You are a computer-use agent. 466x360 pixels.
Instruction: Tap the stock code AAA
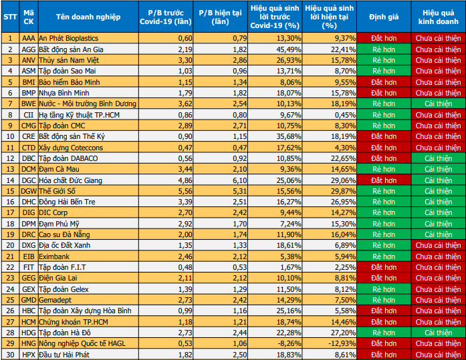click(x=28, y=38)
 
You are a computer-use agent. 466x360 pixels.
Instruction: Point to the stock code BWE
click(x=28, y=104)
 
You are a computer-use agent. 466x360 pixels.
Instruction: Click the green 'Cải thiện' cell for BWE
click(x=439, y=104)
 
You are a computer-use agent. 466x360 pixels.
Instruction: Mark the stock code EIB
click(x=28, y=256)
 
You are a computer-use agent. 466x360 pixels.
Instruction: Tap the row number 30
click(x=10, y=354)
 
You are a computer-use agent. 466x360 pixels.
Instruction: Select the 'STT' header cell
click(x=10, y=17)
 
